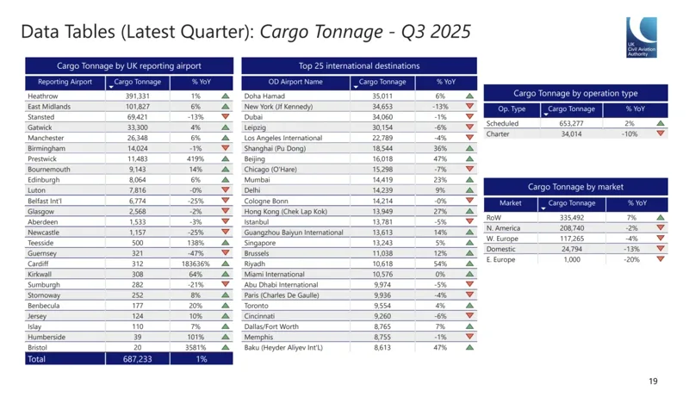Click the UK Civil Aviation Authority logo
642,38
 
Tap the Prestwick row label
42,159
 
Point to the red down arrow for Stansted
226,117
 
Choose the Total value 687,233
138,358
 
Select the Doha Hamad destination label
264,96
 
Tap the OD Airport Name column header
295,82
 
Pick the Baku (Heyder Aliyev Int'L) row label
283,348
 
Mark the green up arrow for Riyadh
469,264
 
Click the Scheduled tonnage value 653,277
572,124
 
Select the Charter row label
498,134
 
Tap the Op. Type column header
512,109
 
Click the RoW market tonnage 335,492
572,218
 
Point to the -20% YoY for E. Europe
632,259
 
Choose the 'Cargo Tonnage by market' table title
575,187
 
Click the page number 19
653,381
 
